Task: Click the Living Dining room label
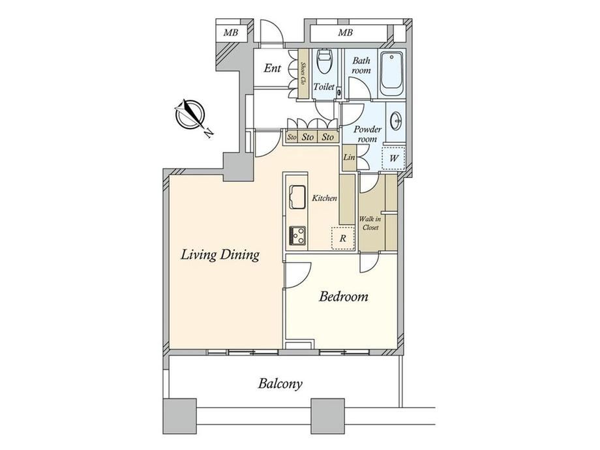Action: coord(220,255)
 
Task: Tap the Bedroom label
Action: coord(344,297)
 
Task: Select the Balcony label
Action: coord(280,383)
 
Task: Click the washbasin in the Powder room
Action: coord(397,121)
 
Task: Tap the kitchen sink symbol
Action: coord(297,197)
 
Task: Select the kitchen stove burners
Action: coord(297,235)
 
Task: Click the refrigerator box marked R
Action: coord(343,239)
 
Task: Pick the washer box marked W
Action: coord(393,158)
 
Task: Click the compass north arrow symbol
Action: coord(190,115)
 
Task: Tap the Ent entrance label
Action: coord(273,68)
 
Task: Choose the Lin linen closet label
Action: coord(349,157)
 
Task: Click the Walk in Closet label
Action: coord(370,223)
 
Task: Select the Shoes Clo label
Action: coord(303,73)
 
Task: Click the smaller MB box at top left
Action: coord(231,33)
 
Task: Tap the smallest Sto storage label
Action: coord(292,137)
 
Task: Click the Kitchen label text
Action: coord(325,198)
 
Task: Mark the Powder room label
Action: coord(367,134)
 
